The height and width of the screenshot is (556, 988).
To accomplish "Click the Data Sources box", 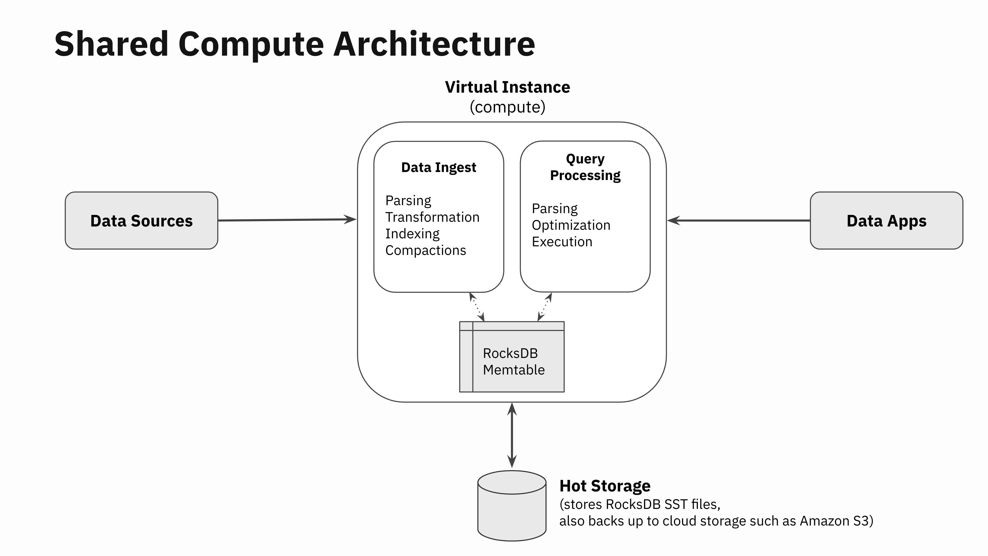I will tap(141, 221).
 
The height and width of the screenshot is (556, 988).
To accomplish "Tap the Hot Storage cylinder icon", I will tap(512, 506).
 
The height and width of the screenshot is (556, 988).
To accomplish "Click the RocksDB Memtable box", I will tap(512, 357).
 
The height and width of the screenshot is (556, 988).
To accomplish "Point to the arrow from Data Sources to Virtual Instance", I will tap(287, 220).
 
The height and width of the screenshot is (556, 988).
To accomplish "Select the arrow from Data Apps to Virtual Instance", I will tap(738, 221).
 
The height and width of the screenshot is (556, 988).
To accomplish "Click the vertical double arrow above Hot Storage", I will tap(512, 436).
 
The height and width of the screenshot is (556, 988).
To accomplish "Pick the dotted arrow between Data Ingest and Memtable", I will tap(477, 307).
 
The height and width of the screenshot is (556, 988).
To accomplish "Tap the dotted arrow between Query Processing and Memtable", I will tap(545, 307).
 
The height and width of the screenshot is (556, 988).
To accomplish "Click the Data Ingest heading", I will tap(438, 167).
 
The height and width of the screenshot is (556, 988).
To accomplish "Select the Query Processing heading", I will tap(585, 167).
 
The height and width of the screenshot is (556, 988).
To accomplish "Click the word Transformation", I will tap(432, 217).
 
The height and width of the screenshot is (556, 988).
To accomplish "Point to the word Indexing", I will tap(412, 234).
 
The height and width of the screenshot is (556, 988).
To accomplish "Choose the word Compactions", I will tap(425, 250).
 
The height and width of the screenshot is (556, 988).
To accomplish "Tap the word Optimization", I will tap(571, 225).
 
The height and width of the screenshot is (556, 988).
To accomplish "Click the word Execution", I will tap(562, 242).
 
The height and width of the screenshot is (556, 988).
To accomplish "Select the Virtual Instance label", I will tap(507, 87).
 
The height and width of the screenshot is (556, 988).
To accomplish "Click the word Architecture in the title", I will tap(434, 44).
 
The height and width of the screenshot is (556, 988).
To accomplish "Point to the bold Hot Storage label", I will tap(605, 486).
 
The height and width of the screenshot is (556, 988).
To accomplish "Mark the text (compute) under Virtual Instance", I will tap(507, 107).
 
